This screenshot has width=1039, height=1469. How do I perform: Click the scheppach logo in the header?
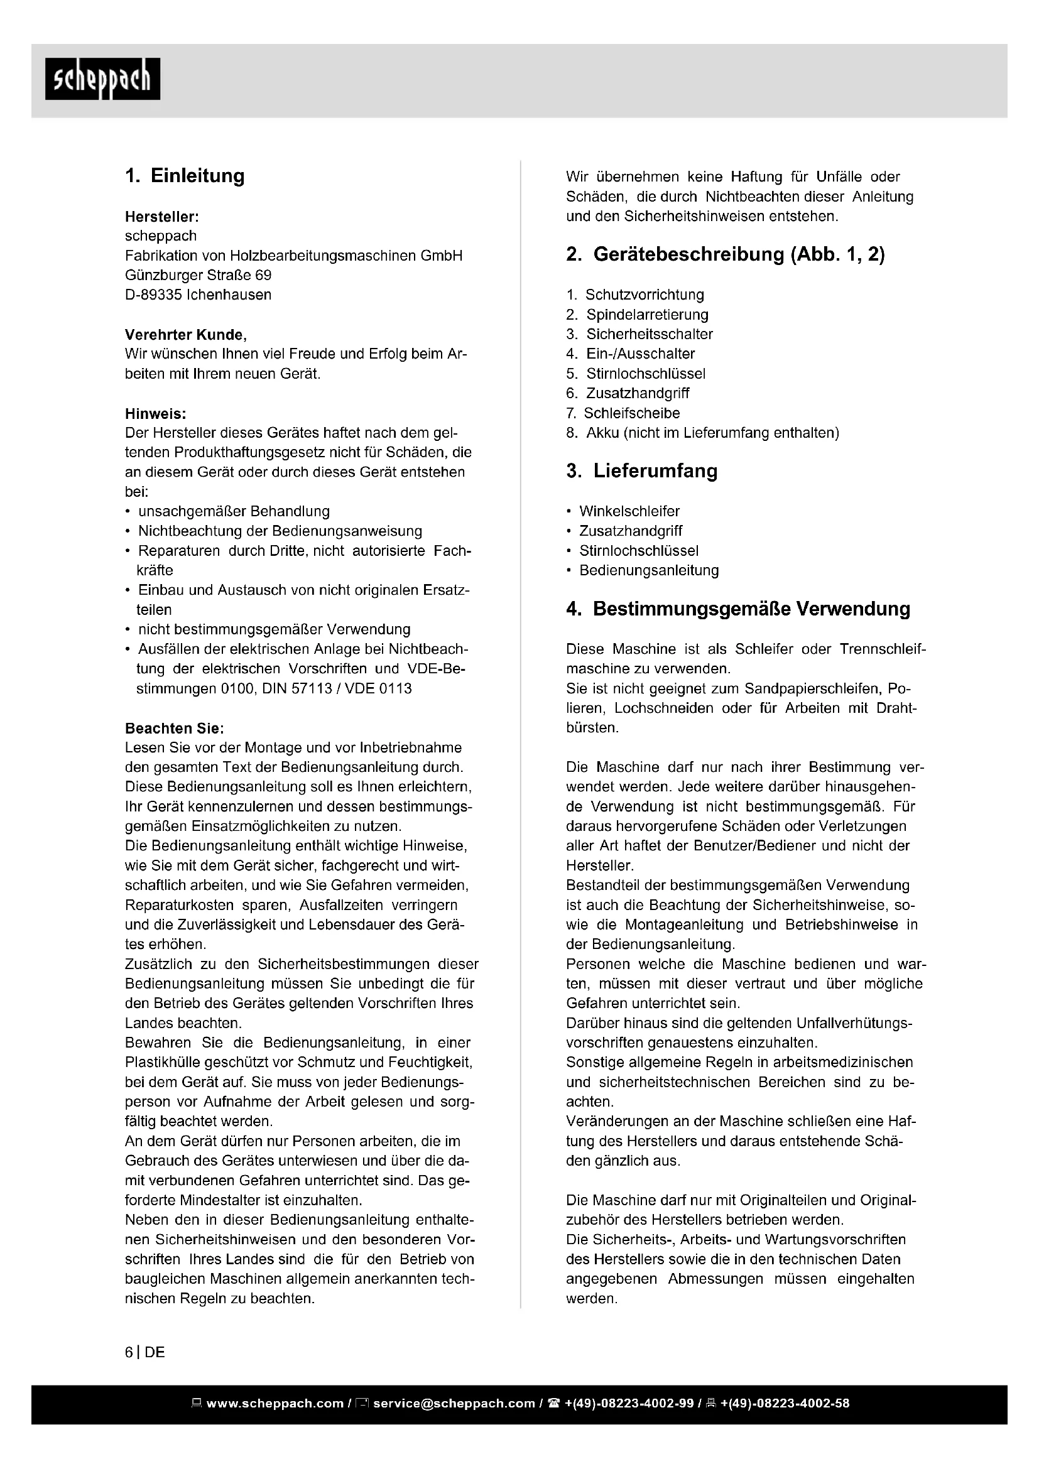(x=102, y=79)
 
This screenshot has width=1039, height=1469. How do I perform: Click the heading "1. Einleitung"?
(x=185, y=176)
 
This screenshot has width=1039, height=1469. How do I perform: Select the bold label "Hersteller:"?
(x=162, y=217)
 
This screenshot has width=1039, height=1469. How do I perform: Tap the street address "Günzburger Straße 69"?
(x=199, y=275)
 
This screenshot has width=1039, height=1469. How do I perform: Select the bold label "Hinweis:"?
(x=155, y=414)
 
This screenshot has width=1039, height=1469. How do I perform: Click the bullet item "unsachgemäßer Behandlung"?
(x=234, y=511)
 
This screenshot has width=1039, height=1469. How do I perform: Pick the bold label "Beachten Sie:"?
(x=175, y=728)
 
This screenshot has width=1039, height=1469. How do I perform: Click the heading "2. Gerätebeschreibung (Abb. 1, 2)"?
(x=726, y=254)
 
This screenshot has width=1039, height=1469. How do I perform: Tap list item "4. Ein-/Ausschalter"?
(x=631, y=354)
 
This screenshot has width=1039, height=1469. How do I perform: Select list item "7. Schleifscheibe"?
(x=623, y=413)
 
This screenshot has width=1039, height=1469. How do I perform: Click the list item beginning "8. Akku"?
(x=702, y=433)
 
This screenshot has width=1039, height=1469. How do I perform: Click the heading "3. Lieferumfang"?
(x=642, y=471)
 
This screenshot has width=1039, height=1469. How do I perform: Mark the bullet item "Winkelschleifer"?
(x=629, y=511)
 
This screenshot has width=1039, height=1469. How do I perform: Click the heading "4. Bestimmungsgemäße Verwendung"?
(x=738, y=609)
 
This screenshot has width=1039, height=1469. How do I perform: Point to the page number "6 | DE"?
(x=145, y=1352)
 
